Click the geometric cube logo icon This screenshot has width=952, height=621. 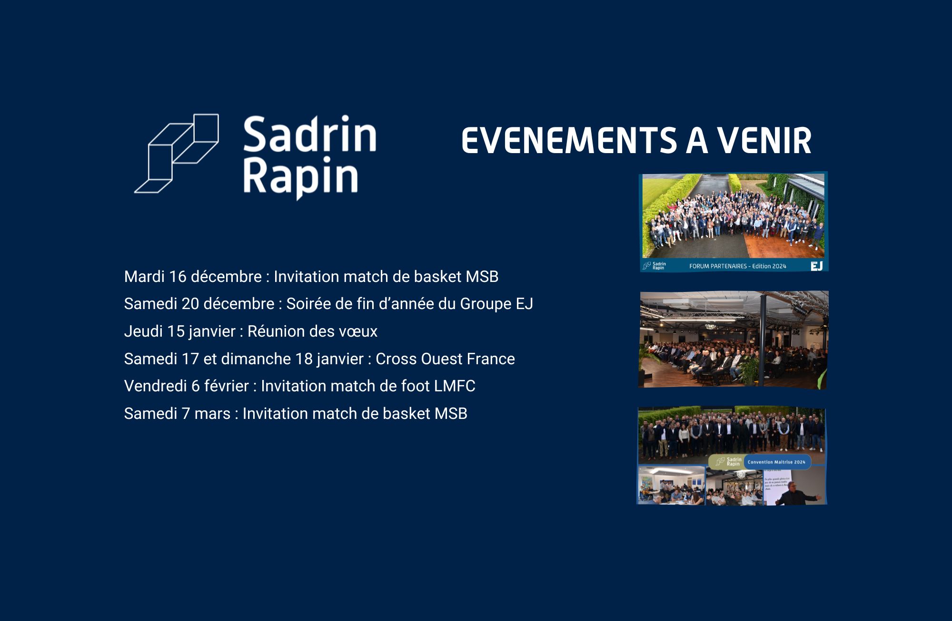(177, 153)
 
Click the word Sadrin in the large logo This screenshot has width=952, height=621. (310, 135)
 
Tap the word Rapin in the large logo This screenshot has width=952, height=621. (300, 178)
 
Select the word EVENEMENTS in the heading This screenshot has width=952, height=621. (569, 141)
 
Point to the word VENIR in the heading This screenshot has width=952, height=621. (764, 141)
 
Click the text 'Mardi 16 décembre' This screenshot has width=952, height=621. (193, 277)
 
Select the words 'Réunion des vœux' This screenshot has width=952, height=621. (312, 331)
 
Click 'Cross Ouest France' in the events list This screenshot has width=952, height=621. (445, 359)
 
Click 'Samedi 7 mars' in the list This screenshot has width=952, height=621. (177, 414)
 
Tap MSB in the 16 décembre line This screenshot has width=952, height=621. (482, 277)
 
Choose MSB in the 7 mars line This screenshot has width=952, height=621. (451, 414)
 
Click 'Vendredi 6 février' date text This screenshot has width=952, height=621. (186, 386)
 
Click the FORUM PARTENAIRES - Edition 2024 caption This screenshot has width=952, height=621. (738, 266)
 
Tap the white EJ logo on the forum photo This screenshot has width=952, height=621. (816, 266)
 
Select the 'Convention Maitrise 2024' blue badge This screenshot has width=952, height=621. (776, 462)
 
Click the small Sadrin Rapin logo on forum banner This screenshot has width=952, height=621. (654, 266)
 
